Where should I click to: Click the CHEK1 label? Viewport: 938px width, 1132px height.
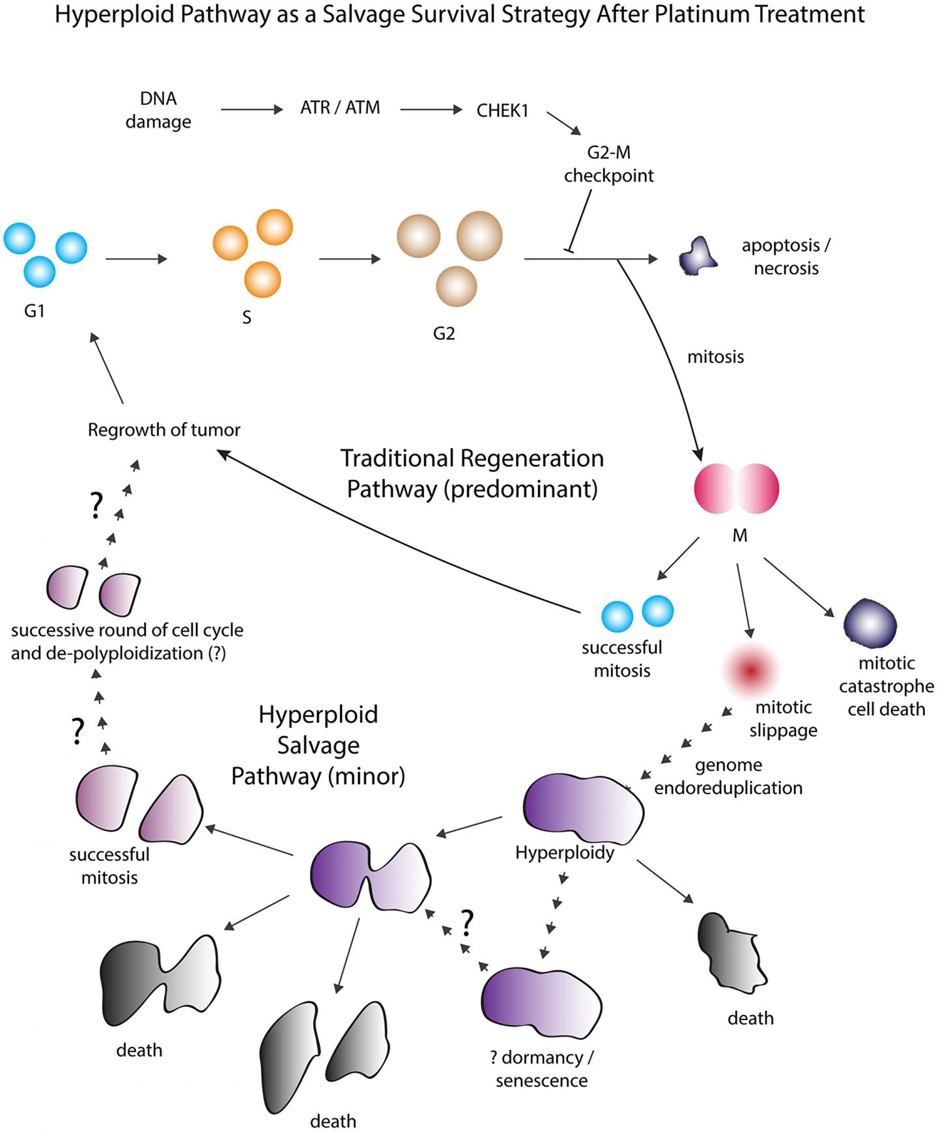point(502,111)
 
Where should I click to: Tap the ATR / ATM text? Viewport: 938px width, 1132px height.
point(340,107)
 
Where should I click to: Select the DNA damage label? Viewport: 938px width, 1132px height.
point(158,110)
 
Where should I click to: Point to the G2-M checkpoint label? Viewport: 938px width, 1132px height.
point(608,164)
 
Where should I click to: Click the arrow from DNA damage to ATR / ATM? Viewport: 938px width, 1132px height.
point(251,109)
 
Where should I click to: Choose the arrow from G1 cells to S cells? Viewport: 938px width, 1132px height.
point(136,259)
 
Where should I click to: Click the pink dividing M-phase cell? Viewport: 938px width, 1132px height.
point(737,488)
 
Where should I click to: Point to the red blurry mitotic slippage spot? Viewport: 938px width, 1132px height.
point(752,670)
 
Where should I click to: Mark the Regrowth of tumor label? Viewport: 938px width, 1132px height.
point(164,430)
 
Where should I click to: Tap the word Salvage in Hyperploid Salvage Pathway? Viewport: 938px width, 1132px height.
point(318,745)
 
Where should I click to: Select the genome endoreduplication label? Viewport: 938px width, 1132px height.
point(728,776)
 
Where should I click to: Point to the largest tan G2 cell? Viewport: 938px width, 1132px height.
point(479,236)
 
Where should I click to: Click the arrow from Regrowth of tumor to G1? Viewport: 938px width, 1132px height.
point(107,368)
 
